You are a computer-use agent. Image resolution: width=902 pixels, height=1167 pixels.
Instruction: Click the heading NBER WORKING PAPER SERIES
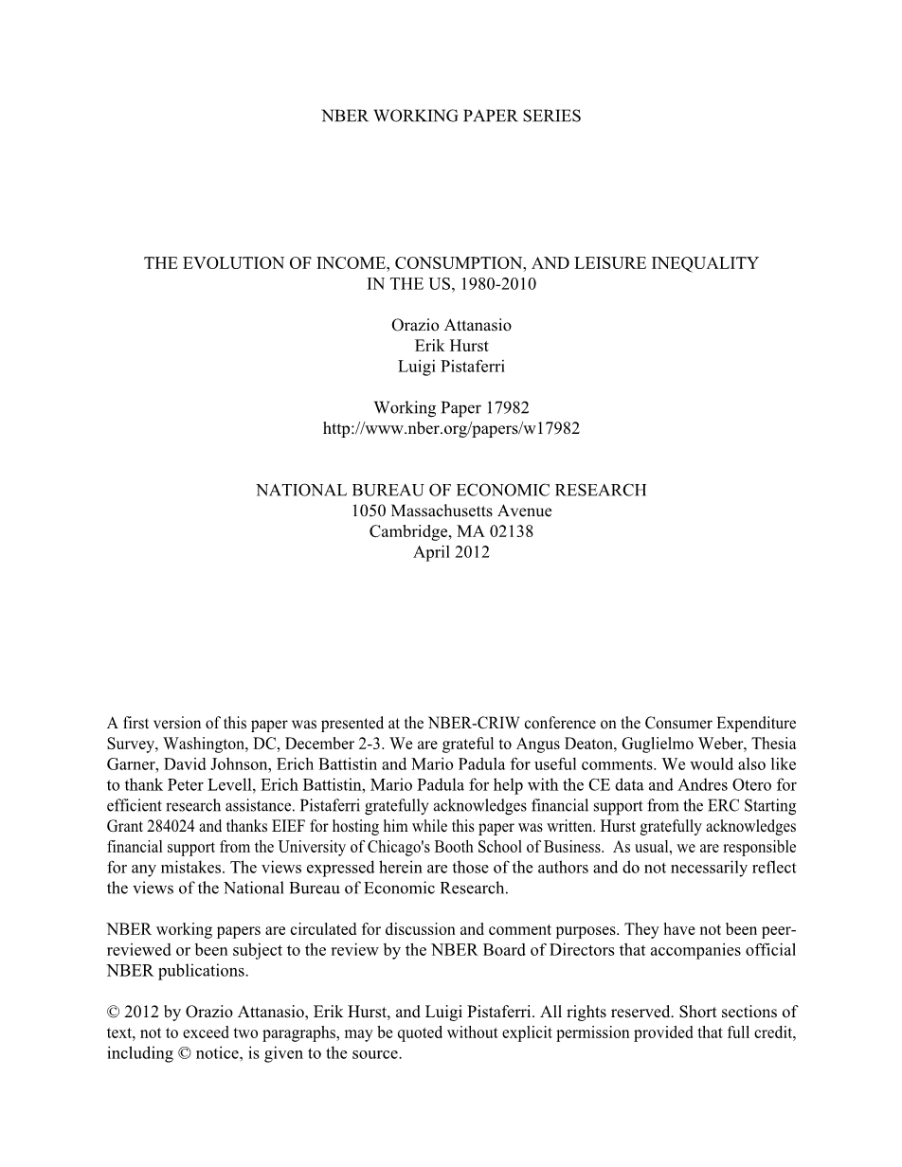451,117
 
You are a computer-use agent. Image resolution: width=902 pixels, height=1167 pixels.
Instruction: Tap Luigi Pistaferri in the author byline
451,367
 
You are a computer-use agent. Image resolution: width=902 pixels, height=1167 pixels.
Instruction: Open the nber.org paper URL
451,428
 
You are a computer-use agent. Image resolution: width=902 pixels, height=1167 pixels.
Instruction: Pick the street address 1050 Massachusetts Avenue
451,511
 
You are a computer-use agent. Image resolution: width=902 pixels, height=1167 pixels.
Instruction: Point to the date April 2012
451,552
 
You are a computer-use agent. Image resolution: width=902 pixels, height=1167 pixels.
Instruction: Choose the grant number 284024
171,826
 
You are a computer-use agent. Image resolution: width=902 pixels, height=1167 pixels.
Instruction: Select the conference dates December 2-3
333,744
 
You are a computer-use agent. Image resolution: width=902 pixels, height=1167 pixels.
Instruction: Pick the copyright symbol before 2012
114,1013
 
